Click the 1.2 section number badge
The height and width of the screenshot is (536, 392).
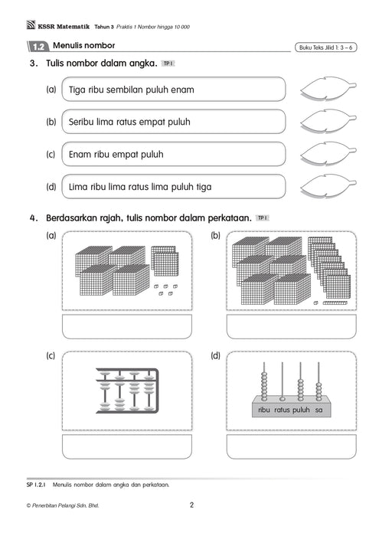coord(38,47)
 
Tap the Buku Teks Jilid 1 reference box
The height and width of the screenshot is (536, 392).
coord(325,47)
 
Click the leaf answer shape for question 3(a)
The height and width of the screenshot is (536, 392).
coord(328,88)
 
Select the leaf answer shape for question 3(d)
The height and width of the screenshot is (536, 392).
coord(328,186)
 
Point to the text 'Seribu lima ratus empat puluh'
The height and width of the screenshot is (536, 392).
coord(129,122)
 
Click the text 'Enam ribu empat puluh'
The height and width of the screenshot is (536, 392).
coord(116,154)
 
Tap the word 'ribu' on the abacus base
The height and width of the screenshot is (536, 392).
coord(264,410)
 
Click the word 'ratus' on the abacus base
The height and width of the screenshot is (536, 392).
coord(282,410)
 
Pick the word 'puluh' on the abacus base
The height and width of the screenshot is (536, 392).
coord(301,410)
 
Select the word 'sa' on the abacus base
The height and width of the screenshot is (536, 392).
coord(318,410)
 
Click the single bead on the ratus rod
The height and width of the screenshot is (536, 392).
coord(283,399)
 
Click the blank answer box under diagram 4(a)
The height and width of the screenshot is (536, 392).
coord(127,326)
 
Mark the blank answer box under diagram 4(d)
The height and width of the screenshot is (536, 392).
coord(291,446)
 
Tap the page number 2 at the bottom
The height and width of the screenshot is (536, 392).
coord(191,505)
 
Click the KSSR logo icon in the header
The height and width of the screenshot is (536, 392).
coord(31,25)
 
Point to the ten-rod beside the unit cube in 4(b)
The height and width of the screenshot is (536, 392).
coord(335,302)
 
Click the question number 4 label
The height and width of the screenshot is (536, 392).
coord(33,217)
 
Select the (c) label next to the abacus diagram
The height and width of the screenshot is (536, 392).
coord(51,356)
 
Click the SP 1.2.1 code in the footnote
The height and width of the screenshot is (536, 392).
coord(36,485)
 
